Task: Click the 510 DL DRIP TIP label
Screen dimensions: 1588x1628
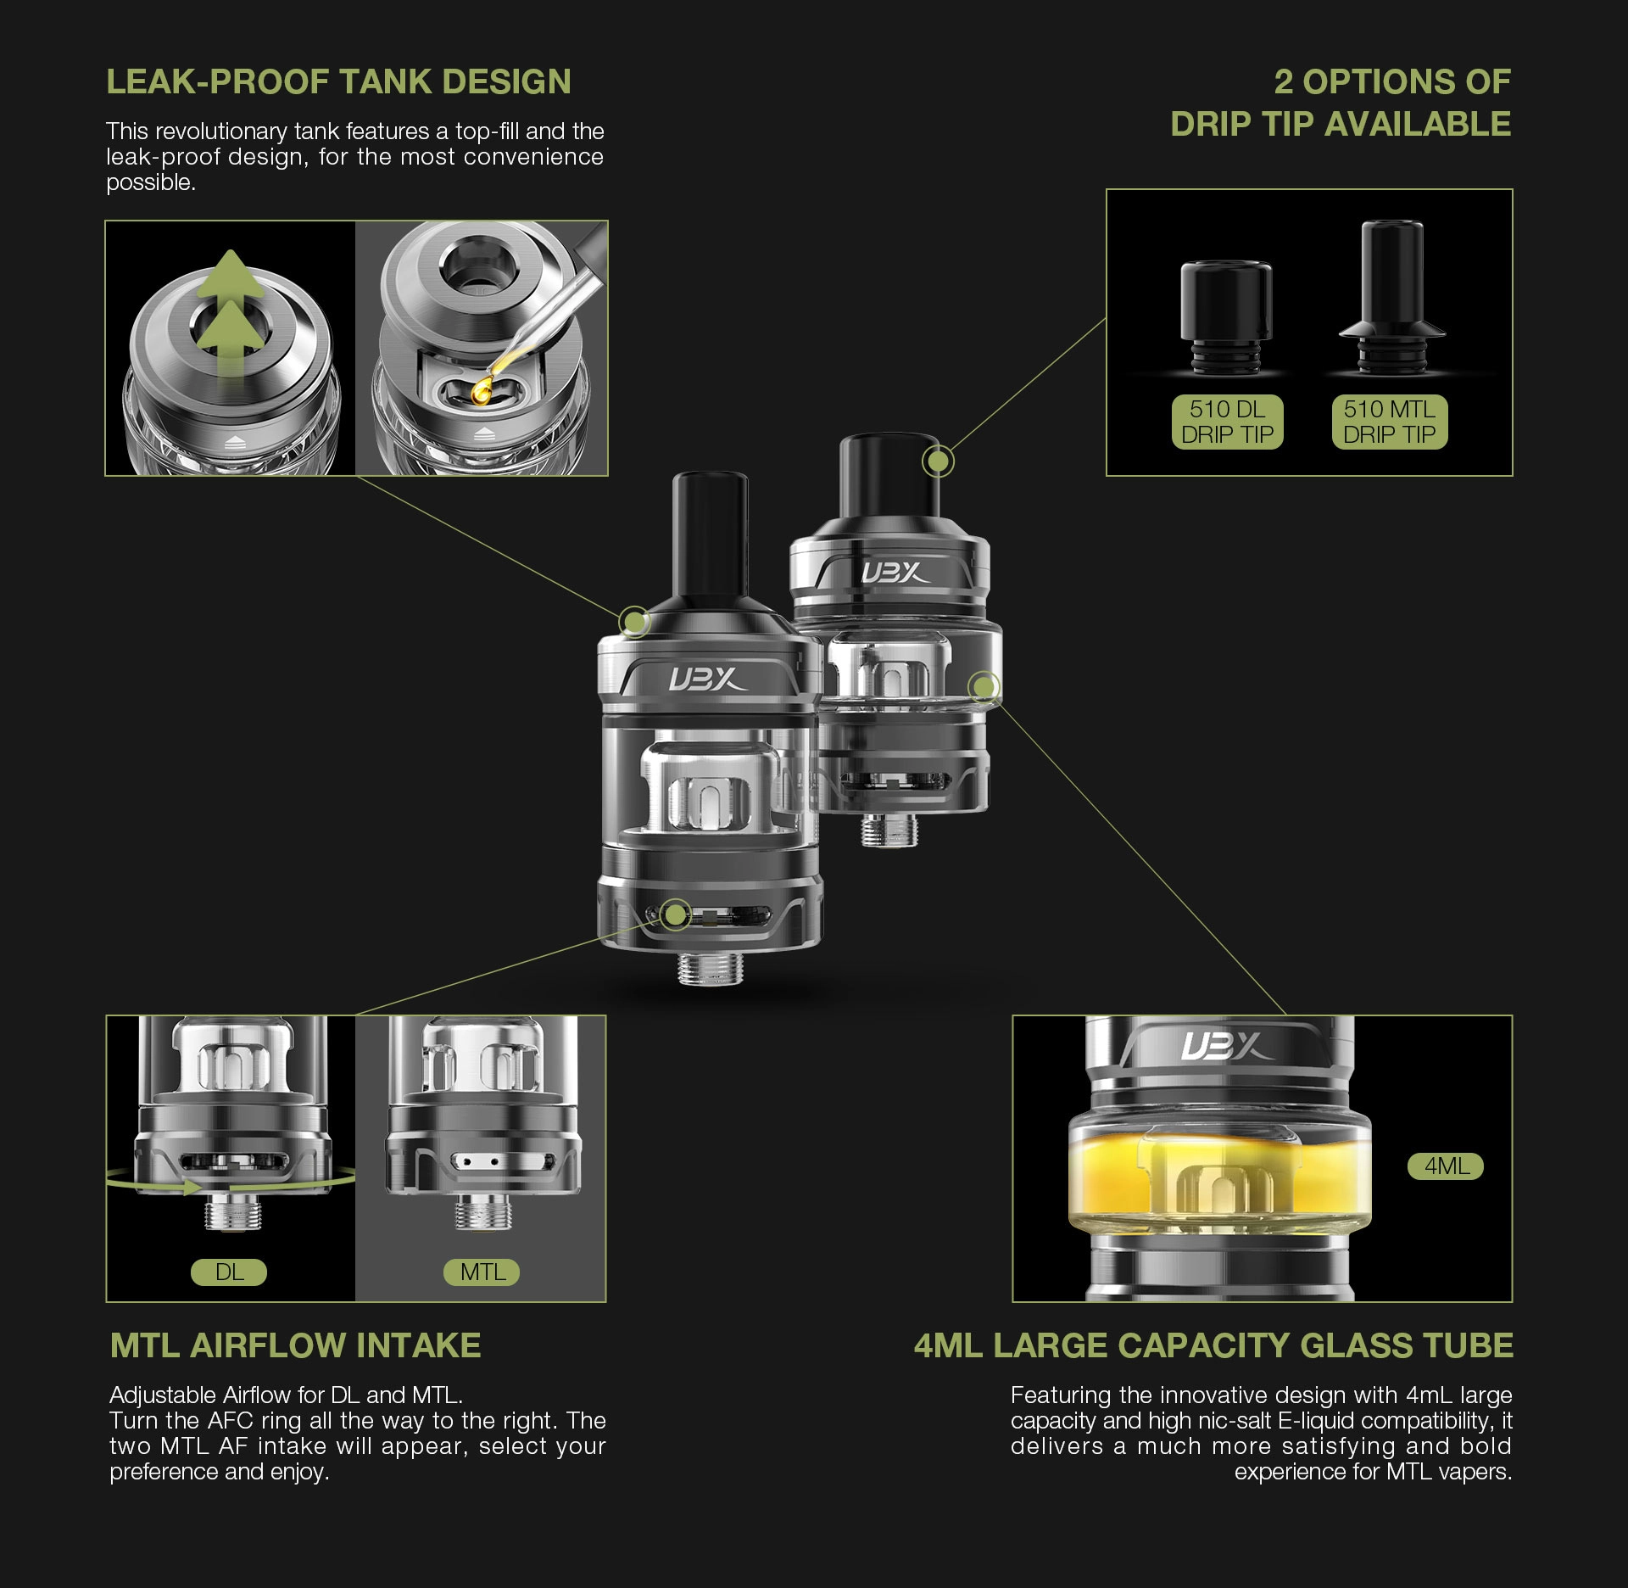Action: [x=1227, y=422]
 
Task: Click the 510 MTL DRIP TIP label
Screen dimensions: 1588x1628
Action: [x=1389, y=422]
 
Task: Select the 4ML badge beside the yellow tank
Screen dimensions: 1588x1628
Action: [x=1446, y=1166]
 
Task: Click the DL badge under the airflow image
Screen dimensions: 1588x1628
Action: [x=229, y=1272]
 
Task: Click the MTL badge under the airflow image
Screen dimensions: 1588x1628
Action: [x=482, y=1272]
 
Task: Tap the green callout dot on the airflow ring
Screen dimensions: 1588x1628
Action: [x=675, y=914]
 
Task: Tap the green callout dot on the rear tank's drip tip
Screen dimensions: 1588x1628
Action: [x=938, y=461]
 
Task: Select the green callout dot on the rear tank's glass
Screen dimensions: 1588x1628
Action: [x=984, y=686]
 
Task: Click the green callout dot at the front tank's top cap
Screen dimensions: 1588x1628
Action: [x=633, y=622]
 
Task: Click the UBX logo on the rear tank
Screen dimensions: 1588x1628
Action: [x=894, y=573]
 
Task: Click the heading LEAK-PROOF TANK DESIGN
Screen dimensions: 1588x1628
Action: [x=338, y=82]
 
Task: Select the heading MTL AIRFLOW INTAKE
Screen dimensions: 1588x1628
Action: [x=295, y=1345]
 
